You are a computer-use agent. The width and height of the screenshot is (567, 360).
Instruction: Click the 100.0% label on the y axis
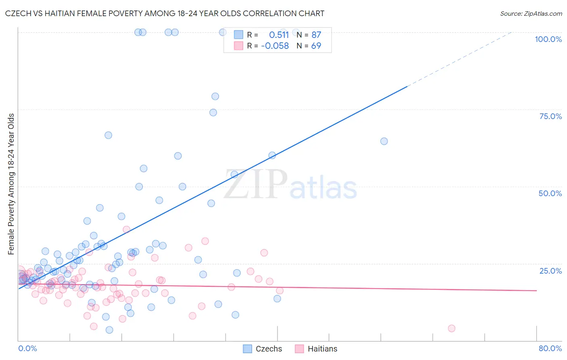point(548,39)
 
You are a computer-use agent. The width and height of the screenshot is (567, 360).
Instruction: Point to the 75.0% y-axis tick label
point(550,116)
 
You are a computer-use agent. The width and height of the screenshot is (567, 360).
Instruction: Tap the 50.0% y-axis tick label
point(550,193)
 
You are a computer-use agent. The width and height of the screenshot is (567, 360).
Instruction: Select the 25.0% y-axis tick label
point(550,270)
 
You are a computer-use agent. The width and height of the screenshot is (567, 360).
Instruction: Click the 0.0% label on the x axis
point(27,348)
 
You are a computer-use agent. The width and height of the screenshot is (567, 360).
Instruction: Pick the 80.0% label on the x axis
point(550,348)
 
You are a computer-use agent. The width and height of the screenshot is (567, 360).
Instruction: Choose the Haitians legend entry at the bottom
point(316,349)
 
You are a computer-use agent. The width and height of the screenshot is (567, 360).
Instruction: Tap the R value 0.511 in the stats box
point(279,35)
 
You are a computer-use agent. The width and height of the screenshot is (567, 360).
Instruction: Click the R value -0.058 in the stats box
point(275,46)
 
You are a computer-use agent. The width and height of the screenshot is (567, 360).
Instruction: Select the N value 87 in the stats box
point(316,35)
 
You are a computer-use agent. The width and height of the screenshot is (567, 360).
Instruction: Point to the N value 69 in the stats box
point(316,46)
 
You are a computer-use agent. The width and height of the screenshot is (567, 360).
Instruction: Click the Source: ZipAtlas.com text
point(531,14)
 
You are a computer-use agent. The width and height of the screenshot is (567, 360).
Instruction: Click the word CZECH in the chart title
point(18,14)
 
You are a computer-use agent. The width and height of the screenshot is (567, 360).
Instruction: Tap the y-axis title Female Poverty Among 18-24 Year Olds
point(11,184)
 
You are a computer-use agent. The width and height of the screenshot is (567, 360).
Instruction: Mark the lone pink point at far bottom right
point(452,329)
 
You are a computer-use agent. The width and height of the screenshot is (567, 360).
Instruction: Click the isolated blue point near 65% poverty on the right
point(384,141)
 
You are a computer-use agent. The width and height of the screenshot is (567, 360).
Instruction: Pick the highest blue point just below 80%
point(215,96)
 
